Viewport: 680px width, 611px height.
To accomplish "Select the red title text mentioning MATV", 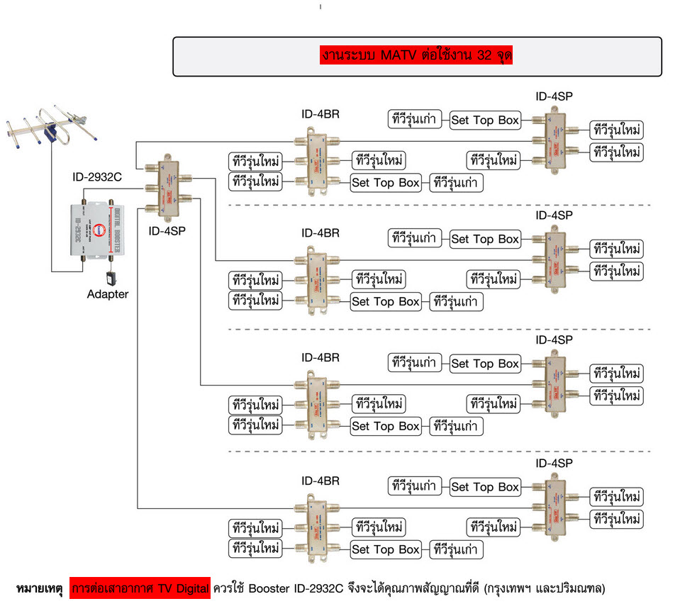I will point(416,56).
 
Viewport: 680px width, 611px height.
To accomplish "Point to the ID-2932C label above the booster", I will point(97,176).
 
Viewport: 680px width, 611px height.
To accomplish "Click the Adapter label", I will point(108,293).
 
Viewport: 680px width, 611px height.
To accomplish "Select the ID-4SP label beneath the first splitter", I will point(168,231).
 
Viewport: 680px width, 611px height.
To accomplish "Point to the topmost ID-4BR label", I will point(321,113).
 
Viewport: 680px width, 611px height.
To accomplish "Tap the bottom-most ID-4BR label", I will point(321,481).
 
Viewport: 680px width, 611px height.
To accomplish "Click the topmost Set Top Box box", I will point(485,120).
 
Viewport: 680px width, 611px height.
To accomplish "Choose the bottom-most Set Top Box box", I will point(386,549).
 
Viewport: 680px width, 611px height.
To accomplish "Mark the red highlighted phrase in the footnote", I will point(140,588).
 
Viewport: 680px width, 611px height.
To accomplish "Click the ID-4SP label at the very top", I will point(554,96).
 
